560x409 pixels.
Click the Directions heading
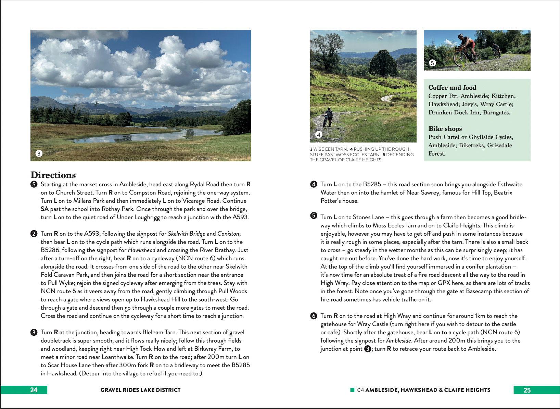(53, 175)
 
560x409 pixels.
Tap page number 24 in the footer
(34, 390)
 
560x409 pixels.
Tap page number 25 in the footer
(527, 390)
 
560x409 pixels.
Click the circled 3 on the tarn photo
(39, 153)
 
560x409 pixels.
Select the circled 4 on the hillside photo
(318, 135)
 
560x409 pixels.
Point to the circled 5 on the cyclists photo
(432, 63)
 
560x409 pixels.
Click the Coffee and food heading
(452, 88)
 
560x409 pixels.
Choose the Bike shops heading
(445, 129)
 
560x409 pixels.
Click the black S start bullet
(34, 185)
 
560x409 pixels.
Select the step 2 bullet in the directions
(34, 234)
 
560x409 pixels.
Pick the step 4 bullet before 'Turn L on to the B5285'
(314, 185)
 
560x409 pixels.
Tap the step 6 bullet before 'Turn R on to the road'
(314, 316)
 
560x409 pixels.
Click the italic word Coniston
(228, 234)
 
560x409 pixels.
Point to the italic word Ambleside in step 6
(398, 340)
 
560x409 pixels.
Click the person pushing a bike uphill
(328, 117)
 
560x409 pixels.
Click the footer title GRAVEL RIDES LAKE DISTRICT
(140, 390)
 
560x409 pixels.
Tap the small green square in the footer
(352, 390)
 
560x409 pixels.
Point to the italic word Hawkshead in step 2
(142, 250)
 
